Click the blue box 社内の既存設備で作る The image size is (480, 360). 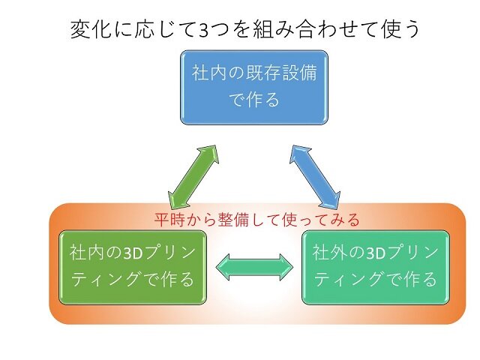254,88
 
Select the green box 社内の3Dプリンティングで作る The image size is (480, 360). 133,267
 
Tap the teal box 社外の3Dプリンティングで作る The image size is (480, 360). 376,267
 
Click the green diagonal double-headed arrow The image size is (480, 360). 193,177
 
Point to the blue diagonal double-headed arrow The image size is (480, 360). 315,177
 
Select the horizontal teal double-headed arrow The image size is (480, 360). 254,267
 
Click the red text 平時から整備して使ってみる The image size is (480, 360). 256,219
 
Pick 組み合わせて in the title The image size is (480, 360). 316,30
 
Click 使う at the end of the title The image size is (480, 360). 400,30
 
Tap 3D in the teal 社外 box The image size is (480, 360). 376,253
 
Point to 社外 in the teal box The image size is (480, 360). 330,253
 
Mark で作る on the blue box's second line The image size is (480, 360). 254,100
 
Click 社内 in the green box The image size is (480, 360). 87,253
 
